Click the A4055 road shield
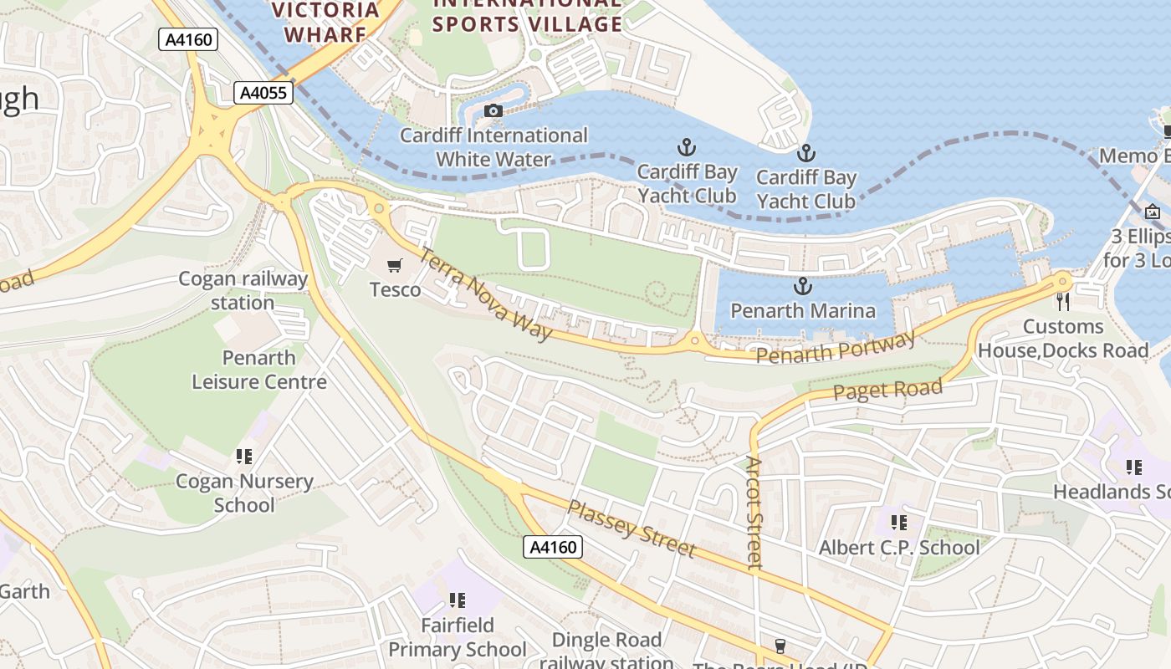263,93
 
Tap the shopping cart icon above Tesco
395,266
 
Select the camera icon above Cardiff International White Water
493,111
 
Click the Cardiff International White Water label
493,147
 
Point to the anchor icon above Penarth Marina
803,287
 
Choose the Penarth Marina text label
803,311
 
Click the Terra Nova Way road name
486,294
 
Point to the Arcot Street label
754,513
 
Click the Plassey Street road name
632,529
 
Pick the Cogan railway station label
243,290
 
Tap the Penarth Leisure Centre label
259,370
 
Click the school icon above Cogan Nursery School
244,457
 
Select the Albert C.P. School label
899,548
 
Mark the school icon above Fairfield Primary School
457,600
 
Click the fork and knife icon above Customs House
1063,301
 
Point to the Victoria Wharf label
325,22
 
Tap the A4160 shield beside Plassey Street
553,547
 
